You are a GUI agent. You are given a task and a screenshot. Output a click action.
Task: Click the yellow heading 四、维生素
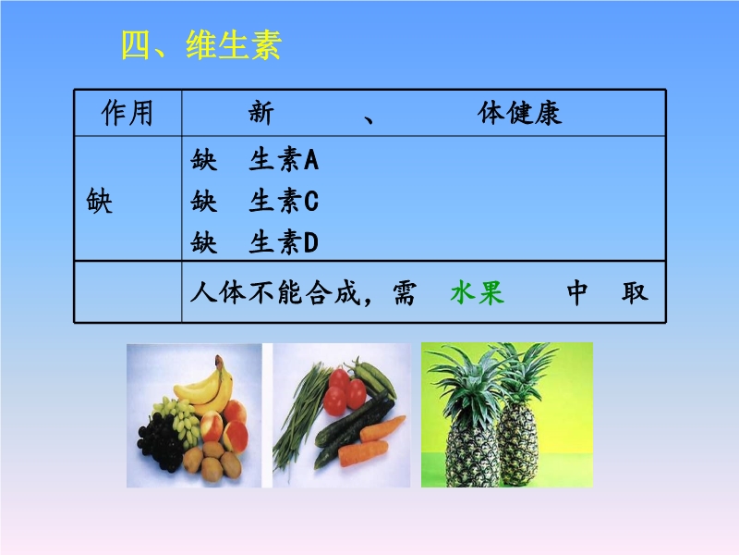[x=201, y=44]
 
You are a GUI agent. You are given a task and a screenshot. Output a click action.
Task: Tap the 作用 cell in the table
[x=127, y=113]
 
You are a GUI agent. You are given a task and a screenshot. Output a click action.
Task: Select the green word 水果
[x=478, y=292]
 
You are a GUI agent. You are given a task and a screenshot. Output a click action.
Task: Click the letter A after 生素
[x=311, y=159]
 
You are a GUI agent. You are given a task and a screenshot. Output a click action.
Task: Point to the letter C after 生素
[x=311, y=201]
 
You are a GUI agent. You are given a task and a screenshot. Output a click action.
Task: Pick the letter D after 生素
[x=311, y=242]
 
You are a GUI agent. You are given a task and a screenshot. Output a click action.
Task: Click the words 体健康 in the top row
[x=519, y=113]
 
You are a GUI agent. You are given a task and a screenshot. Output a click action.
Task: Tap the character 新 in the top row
[x=261, y=113]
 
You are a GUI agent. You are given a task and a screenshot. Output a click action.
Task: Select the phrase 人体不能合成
[x=275, y=292]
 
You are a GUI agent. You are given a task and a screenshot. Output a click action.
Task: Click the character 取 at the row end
[x=635, y=292]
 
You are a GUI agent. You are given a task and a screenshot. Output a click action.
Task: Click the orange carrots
[x=370, y=441]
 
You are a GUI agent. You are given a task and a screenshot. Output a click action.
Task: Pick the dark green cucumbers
[x=354, y=429]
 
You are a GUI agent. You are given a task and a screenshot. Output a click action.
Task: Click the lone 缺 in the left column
[x=100, y=201]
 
